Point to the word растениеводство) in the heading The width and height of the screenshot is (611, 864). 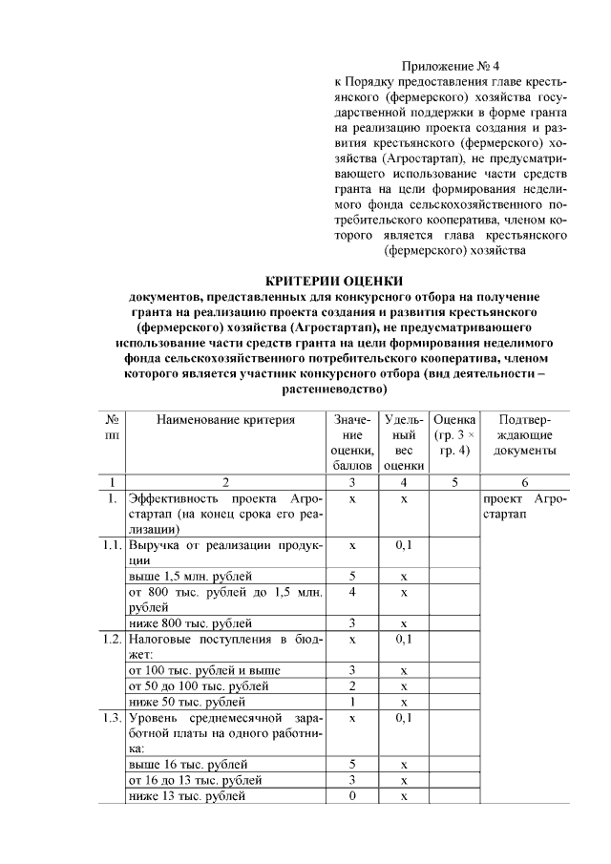point(333,390)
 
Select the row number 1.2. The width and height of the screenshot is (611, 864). point(112,638)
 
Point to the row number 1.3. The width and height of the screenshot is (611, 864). point(112,717)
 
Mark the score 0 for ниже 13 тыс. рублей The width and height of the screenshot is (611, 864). point(353,796)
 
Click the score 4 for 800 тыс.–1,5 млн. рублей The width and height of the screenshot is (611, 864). point(353,593)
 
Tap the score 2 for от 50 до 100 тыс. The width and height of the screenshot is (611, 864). point(353,685)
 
